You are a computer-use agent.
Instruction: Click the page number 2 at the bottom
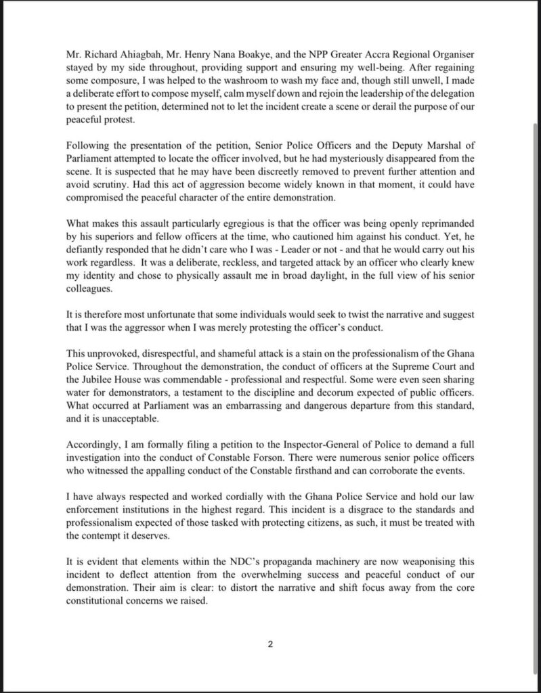270,644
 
